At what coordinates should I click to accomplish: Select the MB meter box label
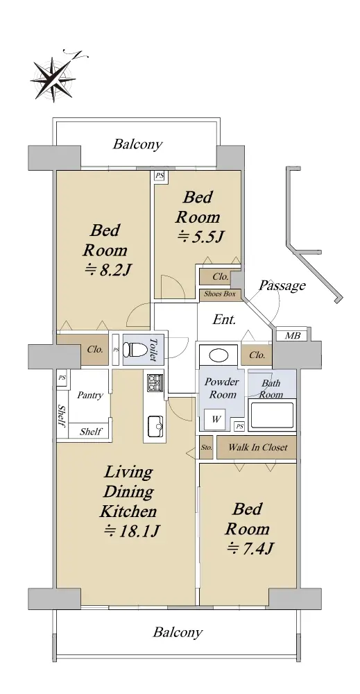(x=292, y=336)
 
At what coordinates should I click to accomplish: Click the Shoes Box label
(x=219, y=294)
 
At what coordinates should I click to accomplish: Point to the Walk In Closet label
(x=258, y=447)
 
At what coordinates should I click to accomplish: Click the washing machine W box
(x=216, y=419)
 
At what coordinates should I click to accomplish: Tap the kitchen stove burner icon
(x=155, y=382)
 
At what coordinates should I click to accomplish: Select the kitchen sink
(x=155, y=426)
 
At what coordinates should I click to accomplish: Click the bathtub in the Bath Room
(x=271, y=415)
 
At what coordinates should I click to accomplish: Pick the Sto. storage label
(x=206, y=448)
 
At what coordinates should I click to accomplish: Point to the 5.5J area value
(x=199, y=237)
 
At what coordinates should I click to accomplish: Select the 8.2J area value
(x=107, y=269)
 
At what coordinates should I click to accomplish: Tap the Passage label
(x=282, y=285)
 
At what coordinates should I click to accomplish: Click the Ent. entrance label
(x=224, y=319)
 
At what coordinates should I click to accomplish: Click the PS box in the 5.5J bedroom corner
(x=160, y=176)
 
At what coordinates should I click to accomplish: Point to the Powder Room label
(x=222, y=388)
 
